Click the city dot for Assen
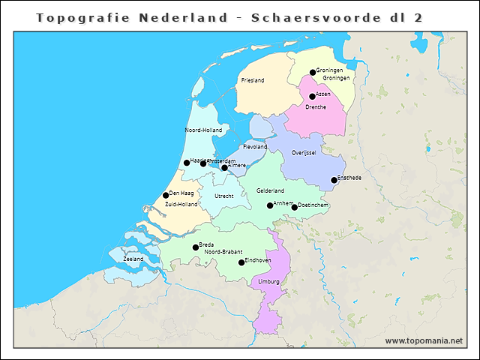coord(312,96)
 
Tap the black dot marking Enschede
coord(334,180)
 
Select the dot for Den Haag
coord(166,195)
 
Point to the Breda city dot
coord(196,247)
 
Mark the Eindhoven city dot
coord(241,262)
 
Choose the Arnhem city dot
coord(270,205)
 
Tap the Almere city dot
coord(224,167)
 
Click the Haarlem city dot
coord(187,163)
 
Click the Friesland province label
coord(253,79)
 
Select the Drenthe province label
coord(316,107)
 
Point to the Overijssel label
coord(304,152)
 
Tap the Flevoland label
coord(255,147)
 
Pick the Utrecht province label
coord(224,196)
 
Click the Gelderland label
coord(270,191)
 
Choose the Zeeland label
coord(133,259)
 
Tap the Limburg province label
coord(268,282)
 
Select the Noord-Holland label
coord(203,130)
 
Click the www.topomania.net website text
coord(424,341)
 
